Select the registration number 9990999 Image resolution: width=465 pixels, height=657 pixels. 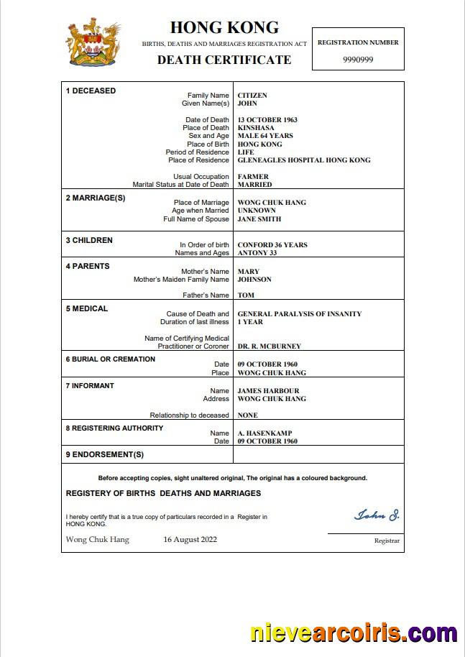coord(358,60)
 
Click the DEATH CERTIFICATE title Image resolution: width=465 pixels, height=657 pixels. coord(224,60)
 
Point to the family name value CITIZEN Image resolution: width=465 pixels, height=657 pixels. coord(252,95)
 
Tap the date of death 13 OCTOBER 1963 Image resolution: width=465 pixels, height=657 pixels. coord(267,120)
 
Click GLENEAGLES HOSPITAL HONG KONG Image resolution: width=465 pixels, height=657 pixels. coord(304,160)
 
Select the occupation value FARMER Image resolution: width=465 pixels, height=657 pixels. coord(253,177)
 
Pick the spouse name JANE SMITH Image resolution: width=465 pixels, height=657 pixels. coord(259,219)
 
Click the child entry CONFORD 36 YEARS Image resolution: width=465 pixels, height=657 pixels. coord(272,245)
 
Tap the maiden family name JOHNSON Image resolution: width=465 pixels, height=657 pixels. coord(254,280)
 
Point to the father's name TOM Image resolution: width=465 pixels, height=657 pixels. coord(246,295)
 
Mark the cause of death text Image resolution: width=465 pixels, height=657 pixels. coord(299,314)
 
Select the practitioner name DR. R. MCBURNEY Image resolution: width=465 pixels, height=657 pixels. coord(270,346)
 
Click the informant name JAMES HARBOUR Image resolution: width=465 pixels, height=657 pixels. coord(268,390)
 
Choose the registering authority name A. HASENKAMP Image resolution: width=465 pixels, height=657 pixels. coord(264,433)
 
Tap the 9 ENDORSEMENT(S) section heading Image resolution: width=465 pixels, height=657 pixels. coord(105,454)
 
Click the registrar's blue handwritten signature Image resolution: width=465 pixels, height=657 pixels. coord(377,515)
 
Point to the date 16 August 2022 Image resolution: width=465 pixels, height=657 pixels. coord(190,539)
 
